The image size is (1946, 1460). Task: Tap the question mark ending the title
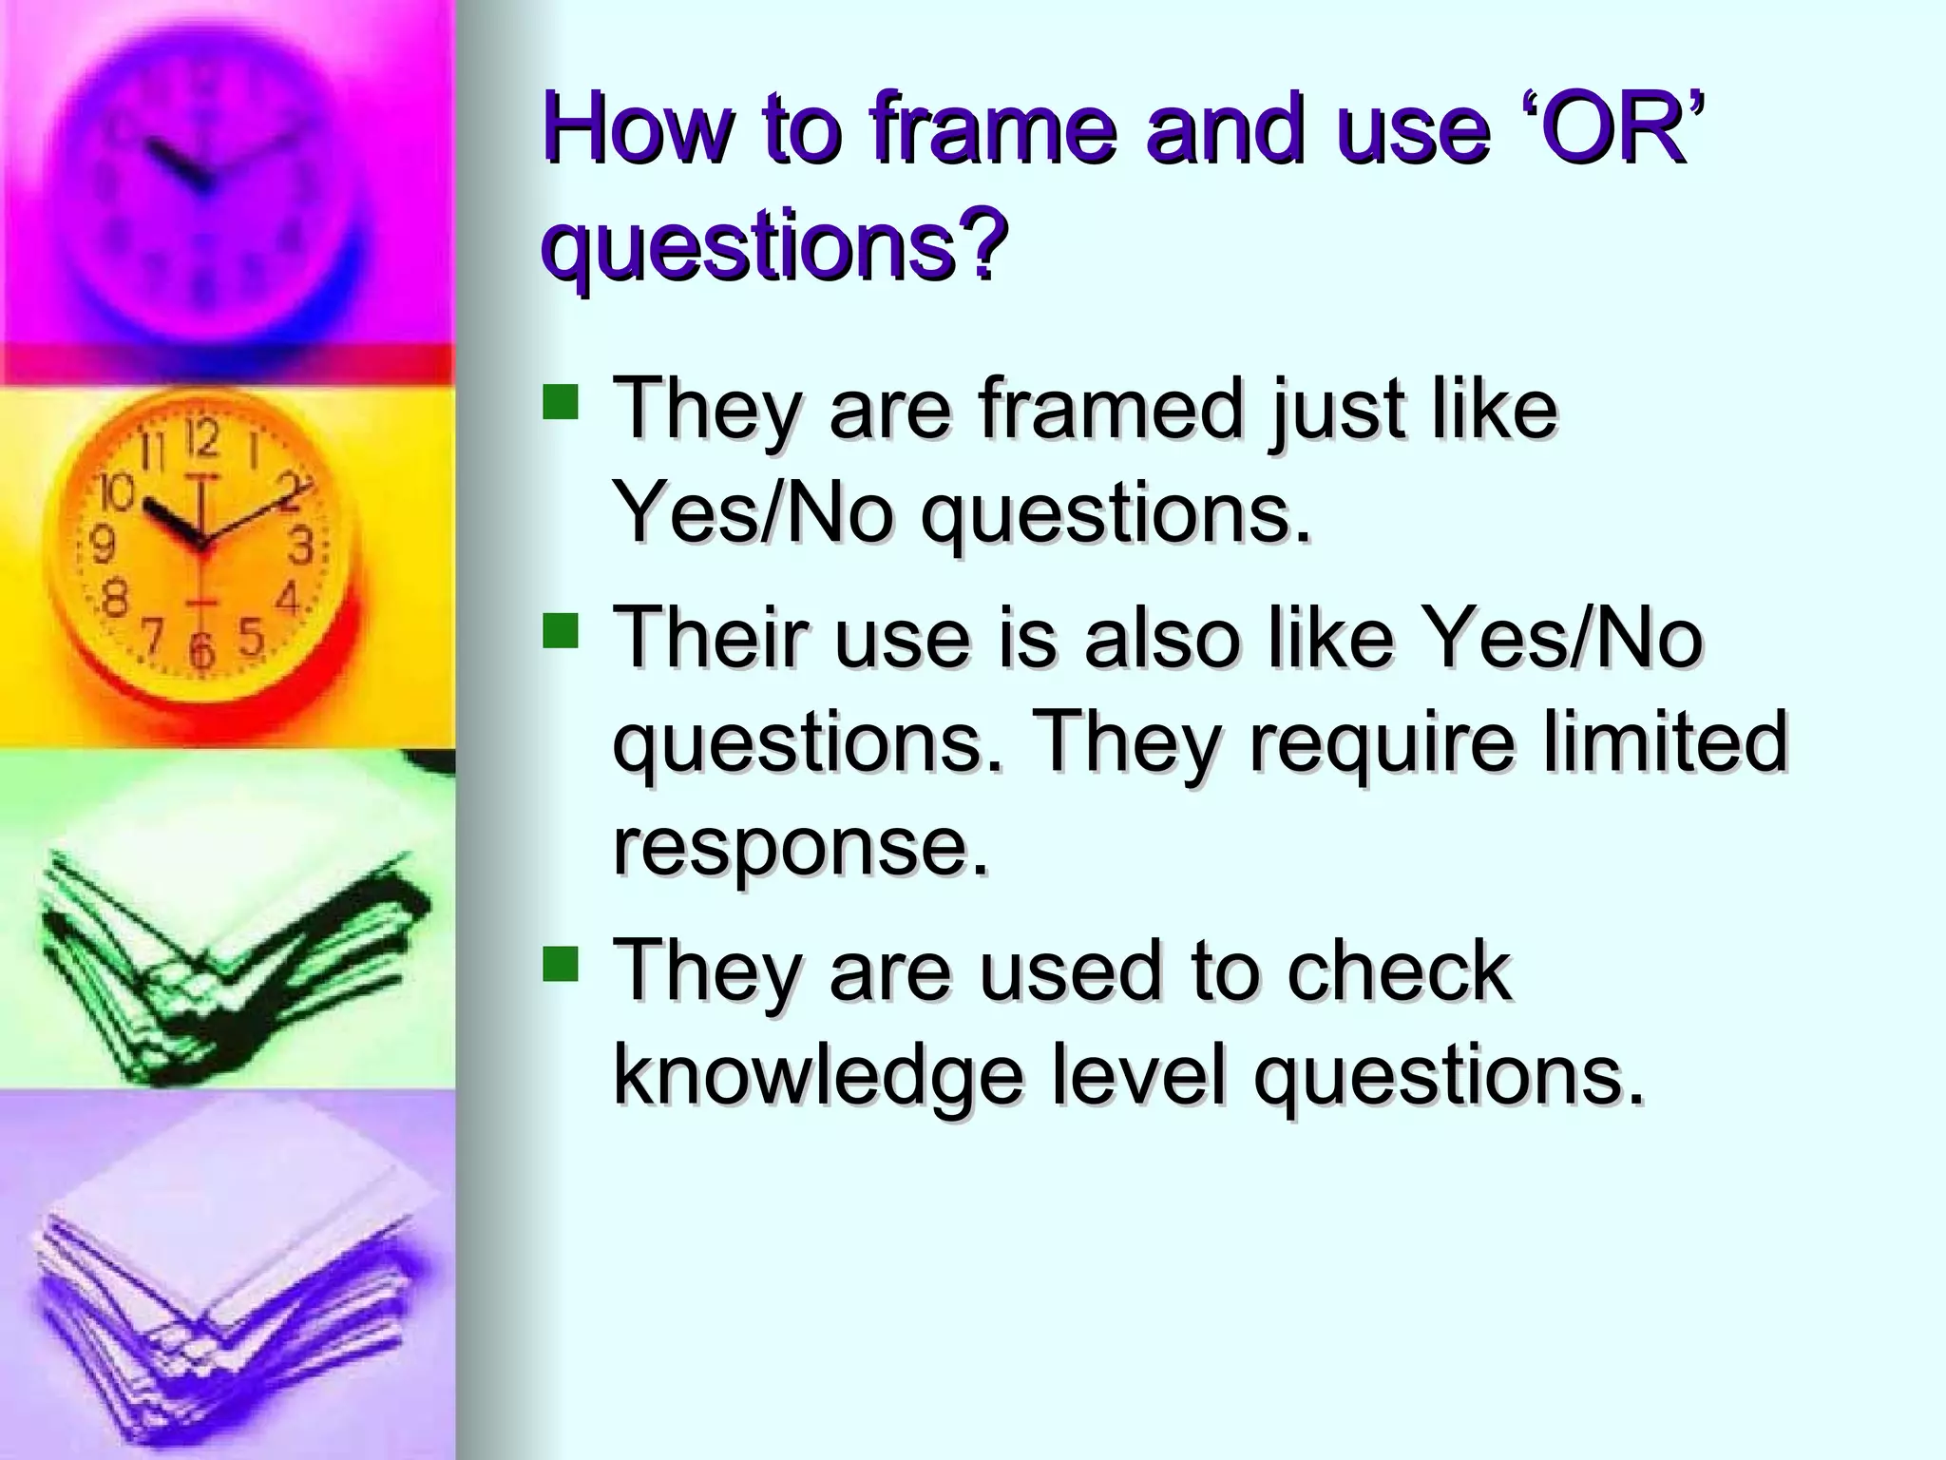click(980, 244)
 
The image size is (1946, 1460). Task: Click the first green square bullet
click(561, 402)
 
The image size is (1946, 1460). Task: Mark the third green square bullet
click(561, 963)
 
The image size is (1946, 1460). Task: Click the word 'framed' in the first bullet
click(1110, 410)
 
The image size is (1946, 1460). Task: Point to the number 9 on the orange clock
click(103, 546)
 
